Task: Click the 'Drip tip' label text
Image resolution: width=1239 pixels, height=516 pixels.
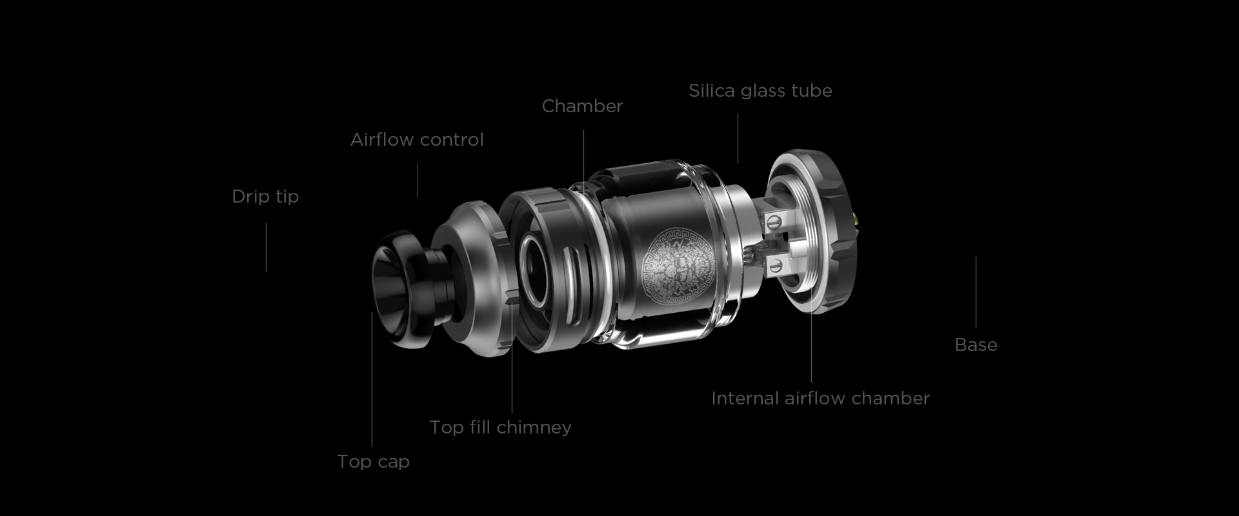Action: (x=265, y=196)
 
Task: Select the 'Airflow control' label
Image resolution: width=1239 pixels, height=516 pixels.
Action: (x=417, y=139)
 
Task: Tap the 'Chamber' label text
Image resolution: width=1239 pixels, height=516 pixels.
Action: (x=582, y=106)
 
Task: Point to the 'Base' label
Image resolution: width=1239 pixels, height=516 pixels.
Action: (x=976, y=344)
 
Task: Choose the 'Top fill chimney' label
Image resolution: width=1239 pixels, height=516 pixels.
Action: (x=501, y=427)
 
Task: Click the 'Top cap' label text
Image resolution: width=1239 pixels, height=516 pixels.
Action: (x=373, y=461)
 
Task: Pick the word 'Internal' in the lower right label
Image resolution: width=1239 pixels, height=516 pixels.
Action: (x=745, y=398)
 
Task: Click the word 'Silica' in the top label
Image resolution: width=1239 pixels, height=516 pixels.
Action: (x=712, y=90)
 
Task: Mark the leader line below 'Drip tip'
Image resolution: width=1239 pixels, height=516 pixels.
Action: (x=266, y=247)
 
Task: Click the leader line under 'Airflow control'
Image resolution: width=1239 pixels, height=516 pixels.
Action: (x=417, y=180)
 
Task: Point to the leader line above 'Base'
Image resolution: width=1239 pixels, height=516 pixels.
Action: (x=976, y=292)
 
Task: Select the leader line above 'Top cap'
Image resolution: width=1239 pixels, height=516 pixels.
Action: (x=372, y=379)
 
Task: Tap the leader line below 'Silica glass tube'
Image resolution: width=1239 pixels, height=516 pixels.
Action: (x=738, y=139)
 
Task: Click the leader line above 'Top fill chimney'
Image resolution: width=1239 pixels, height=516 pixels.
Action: (x=512, y=358)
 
